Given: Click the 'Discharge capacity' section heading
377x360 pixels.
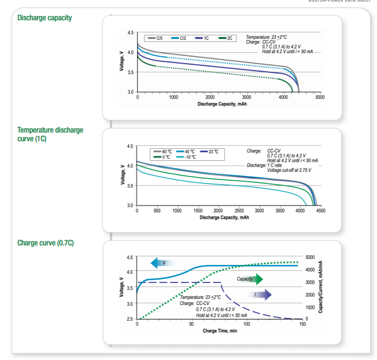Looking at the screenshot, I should pos(45,18).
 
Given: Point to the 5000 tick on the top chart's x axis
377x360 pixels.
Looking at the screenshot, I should pos(320,97).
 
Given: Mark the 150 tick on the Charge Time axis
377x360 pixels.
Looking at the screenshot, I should pos(302,324).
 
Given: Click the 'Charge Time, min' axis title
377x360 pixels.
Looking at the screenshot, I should pos(219,331).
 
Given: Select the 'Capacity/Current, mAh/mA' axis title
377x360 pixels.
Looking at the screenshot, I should pos(320,288).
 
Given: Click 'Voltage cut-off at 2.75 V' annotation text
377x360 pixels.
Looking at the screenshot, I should pos(289,170).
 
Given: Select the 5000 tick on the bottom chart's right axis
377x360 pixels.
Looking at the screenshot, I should pos(311,257).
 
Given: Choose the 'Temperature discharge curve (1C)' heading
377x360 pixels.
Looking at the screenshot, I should pos(50,134).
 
